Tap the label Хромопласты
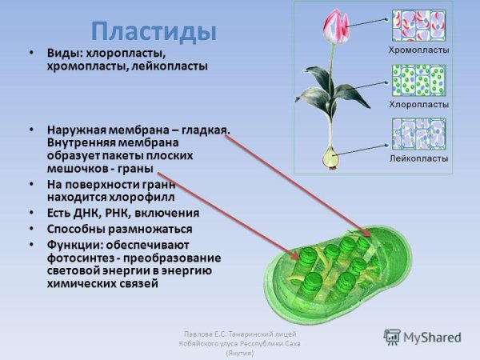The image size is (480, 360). click(418, 50)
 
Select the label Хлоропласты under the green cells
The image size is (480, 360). click(418, 105)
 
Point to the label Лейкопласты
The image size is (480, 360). click(418, 158)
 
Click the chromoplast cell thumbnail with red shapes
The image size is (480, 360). click(418, 25)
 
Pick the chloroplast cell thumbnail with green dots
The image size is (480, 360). click(418, 80)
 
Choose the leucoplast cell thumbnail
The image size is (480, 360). click(418, 134)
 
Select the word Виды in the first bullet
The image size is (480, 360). click(62, 53)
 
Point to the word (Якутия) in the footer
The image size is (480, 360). click(240, 352)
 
